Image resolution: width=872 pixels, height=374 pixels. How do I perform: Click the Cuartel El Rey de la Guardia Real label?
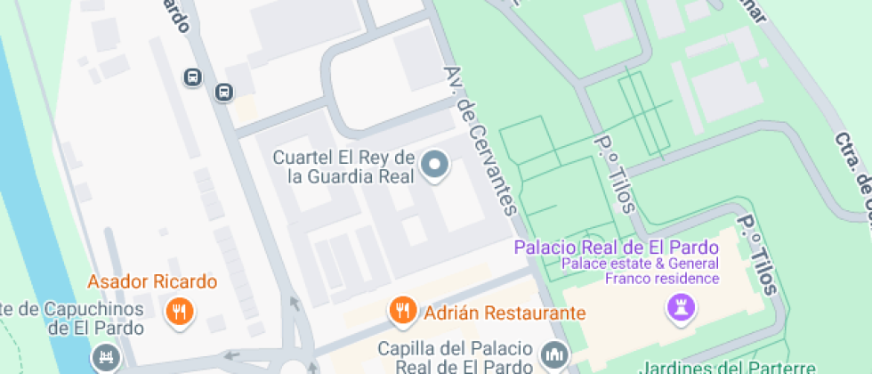tap(343, 167)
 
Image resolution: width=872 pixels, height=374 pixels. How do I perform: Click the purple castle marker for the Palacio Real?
tap(678, 309)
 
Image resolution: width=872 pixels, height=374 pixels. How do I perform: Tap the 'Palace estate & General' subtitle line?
tap(639, 264)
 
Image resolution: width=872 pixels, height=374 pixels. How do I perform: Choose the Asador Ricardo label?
tap(152, 282)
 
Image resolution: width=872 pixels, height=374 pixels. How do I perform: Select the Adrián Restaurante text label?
tap(505, 313)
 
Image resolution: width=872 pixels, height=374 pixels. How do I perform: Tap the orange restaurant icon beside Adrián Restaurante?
tap(403, 310)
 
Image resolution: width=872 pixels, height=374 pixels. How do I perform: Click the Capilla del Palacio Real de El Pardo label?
tap(456, 355)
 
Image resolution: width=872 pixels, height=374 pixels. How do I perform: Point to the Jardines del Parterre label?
tap(727, 367)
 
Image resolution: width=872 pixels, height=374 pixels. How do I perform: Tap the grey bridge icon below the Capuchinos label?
tap(106, 358)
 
